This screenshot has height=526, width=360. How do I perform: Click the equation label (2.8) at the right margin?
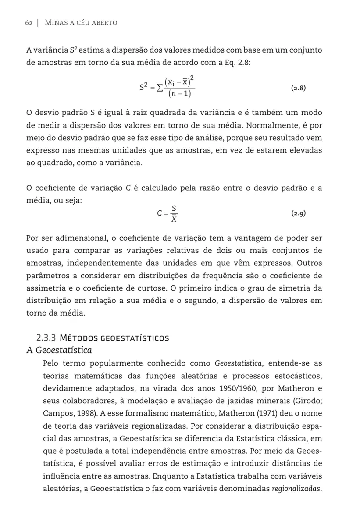298,88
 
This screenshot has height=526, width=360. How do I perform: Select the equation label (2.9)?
298,214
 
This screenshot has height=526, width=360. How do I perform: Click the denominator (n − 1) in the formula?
180,95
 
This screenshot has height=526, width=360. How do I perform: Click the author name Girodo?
304,401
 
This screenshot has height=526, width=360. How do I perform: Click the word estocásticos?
293,376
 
